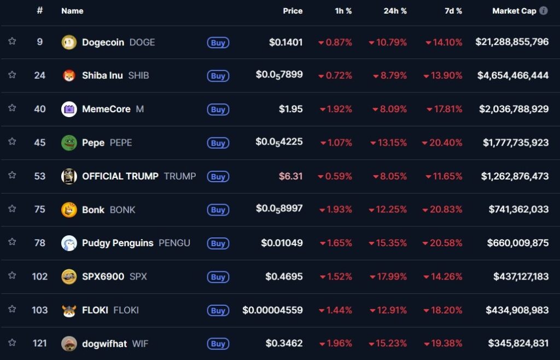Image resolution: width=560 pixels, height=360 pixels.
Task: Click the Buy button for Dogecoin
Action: (x=218, y=43)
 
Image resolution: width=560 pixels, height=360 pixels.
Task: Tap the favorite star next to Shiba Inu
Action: (x=12, y=75)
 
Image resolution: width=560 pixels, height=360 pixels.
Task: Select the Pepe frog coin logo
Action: (x=69, y=143)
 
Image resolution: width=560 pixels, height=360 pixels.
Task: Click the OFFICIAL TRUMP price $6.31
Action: (x=291, y=176)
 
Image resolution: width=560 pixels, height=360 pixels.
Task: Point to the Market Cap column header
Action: (x=514, y=11)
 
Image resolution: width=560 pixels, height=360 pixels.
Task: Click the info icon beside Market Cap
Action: (x=543, y=11)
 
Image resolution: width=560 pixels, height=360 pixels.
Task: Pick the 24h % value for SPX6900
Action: (x=388, y=277)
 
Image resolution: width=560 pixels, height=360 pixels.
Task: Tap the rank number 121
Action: (x=39, y=344)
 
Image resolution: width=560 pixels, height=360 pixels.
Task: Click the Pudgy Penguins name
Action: (x=118, y=243)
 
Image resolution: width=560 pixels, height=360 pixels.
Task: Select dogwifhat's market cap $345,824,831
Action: (x=518, y=344)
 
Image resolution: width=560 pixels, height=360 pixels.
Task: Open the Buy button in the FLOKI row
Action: (x=218, y=311)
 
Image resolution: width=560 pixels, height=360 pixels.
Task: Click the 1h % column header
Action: (x=343, y=11)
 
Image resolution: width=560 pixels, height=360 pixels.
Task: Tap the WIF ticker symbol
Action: (x=140, y=344)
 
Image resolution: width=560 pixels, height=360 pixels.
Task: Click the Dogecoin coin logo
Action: (x=69, y=42)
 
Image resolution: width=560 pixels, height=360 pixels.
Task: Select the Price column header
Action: (x=293, y=11)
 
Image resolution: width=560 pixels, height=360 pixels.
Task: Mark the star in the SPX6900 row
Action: (x=12, y=276)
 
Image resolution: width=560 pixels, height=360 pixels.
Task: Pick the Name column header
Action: (x=72, y=11)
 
